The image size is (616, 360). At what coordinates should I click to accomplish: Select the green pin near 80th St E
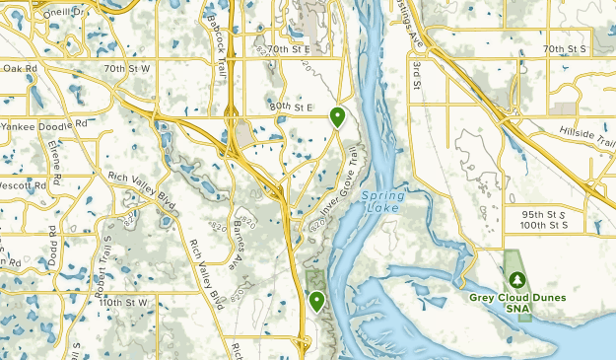[x=337, y=117]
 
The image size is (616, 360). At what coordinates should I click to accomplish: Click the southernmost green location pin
[x=316, y=300]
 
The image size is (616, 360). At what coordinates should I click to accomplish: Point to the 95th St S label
[x=543, y=214]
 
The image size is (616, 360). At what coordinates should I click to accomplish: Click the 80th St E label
[x=290, y=106]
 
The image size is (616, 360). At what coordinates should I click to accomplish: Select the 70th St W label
[x=128, y=69]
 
